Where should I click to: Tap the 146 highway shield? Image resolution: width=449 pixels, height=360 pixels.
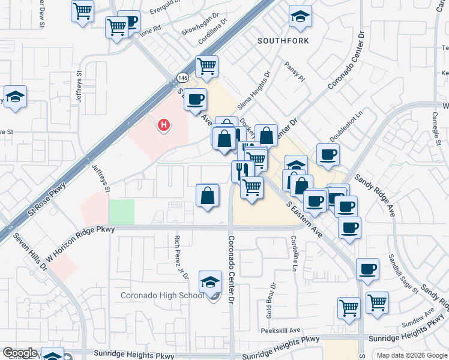pos(182,78)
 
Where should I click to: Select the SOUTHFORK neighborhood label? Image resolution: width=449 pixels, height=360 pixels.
pos(283,41)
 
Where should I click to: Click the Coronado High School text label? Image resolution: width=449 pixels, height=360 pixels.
pos(163,295)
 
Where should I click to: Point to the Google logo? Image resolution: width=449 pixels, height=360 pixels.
pos(20,353)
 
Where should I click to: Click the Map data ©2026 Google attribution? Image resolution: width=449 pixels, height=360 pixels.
pos(412,355)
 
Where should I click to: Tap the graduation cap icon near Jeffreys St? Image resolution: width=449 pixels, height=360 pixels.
pos(15,97)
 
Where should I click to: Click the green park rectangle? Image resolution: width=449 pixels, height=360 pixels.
pos(121,212)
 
